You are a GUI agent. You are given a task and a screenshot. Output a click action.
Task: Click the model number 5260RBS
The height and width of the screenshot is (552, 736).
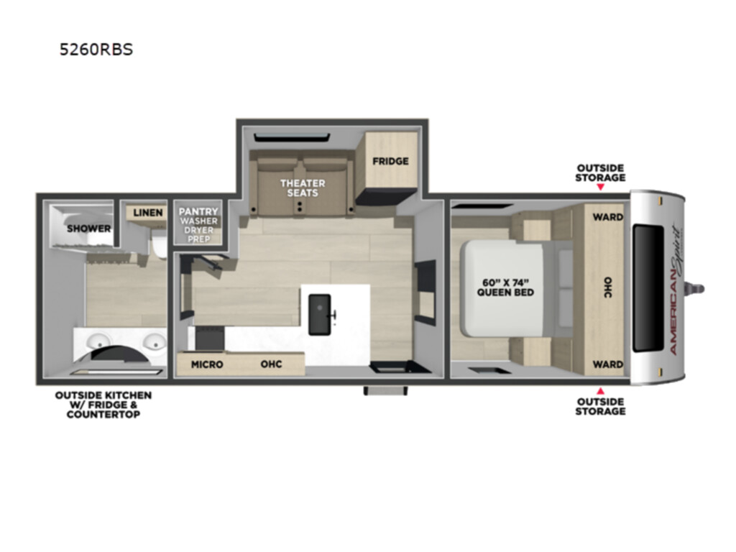(96, 50)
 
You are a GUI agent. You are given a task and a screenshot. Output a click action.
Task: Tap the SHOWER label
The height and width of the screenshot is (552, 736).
(88, 229)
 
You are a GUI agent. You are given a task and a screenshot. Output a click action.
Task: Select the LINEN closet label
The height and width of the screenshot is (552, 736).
(148, 213)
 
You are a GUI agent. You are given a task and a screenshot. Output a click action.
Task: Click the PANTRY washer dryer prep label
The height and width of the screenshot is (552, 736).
(198, 225)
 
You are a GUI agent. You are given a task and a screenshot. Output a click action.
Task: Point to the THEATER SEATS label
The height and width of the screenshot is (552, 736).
(303, 188)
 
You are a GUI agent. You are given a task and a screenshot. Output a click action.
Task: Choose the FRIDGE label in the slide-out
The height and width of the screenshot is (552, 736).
(390, 161)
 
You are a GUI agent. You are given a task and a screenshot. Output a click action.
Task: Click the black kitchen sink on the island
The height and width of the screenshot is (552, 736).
(320, 315)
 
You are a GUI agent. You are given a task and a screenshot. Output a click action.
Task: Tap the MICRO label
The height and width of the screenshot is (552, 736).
(207, 364)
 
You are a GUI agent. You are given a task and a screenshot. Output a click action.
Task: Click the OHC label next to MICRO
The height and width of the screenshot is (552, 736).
(271, 364)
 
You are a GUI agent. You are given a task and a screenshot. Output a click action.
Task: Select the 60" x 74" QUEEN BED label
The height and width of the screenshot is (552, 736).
(505, 287)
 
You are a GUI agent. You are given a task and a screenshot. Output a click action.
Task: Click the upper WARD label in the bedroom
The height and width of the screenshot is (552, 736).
(608, 217)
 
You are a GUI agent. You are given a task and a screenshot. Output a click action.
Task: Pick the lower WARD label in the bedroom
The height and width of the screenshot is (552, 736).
(608, 364)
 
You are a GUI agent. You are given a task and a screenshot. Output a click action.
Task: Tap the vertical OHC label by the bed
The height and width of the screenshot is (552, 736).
(608, 287)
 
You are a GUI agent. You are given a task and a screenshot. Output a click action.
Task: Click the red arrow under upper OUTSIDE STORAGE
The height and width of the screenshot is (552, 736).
(600, 187)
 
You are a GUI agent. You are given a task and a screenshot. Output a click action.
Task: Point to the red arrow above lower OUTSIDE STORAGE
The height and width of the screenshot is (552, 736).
(600, 391)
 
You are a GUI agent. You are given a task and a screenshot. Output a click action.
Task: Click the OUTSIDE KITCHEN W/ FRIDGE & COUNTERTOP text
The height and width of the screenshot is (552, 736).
(103, 405)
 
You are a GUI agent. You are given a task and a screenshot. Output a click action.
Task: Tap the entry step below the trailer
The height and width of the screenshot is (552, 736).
(385, 390)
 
